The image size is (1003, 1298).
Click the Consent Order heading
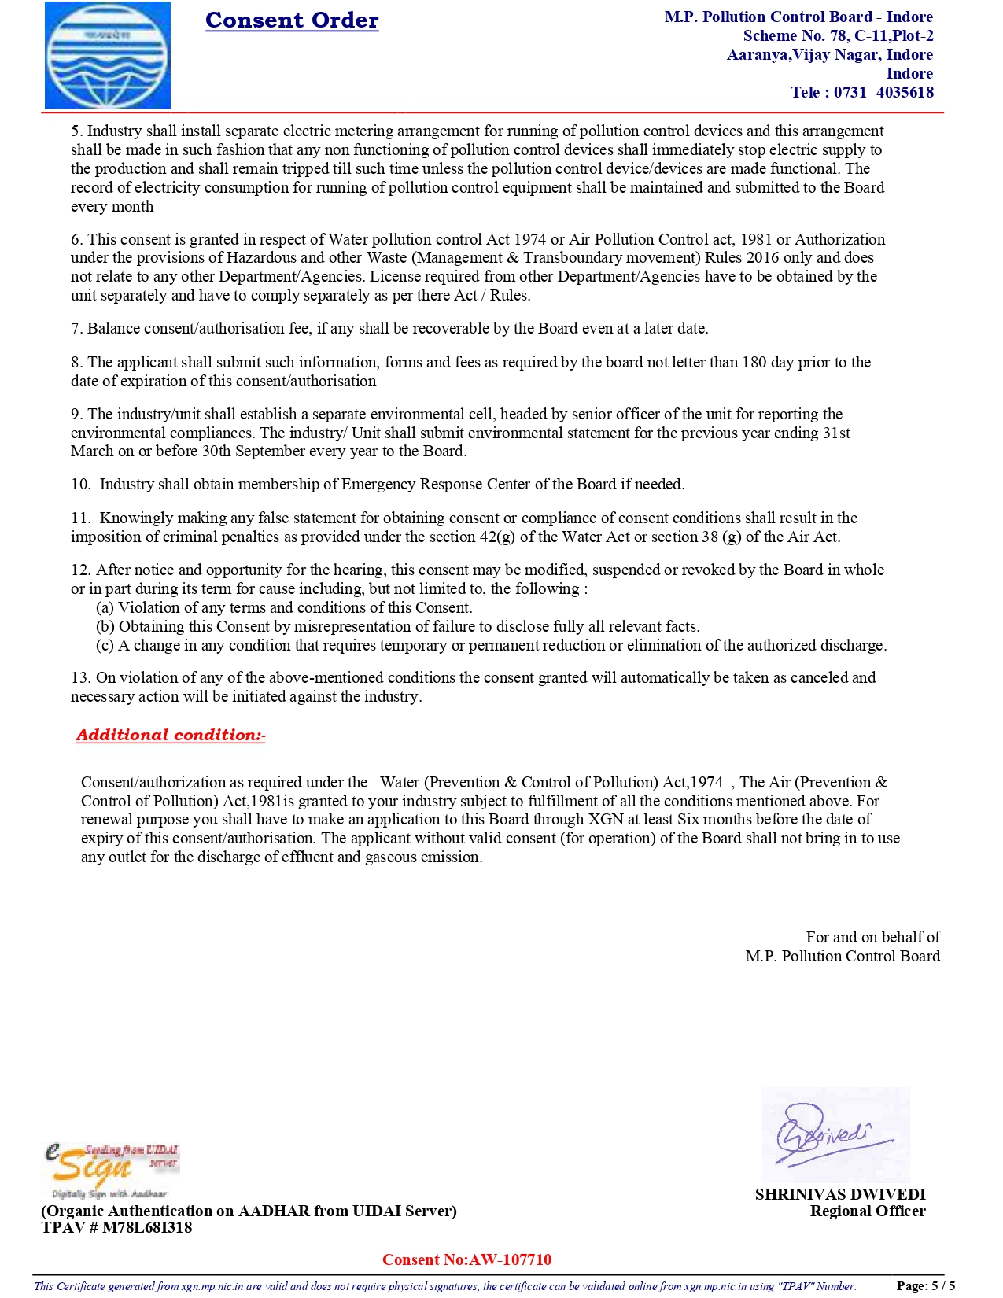click(292, 20)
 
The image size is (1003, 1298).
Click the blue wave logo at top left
click(108, 55)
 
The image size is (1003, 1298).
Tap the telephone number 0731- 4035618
click(883, 92)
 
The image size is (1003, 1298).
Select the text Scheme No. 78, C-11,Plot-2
click(838, 35)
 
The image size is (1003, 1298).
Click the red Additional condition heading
click(171, 735)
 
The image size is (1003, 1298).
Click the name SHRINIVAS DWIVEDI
click(840, 1194)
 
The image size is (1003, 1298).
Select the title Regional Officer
click(868, 1211)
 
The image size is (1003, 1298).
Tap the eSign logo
click(110, 1171)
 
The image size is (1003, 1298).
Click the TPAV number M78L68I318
click(146, 1228)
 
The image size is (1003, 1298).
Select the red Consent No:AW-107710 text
click(466, 1259)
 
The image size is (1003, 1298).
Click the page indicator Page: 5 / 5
click(925, 1286)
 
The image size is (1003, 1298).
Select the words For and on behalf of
click(872, 937)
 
